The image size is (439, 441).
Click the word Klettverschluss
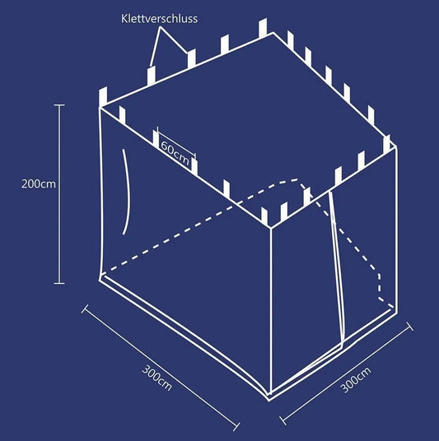[160, 19]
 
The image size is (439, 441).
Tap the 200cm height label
[39, 184]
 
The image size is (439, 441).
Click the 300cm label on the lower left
[156, 378]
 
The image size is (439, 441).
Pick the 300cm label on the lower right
[356, 379]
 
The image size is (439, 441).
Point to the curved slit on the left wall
[127, 192]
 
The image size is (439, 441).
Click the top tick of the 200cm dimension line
[59, 105]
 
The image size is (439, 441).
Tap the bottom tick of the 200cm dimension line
[59, 283]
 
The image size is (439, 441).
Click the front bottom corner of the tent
[270, 399]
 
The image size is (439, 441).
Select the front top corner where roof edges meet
[271, 228]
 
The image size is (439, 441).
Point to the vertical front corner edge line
[271, 311]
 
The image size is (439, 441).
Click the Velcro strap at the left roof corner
[103, 96]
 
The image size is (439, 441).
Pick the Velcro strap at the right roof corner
[387, 142]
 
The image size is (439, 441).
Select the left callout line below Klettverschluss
[155, 47]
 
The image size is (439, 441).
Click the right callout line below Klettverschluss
[174, 39]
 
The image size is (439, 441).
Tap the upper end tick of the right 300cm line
[410, 327]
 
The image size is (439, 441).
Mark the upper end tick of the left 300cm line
[85, 309]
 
